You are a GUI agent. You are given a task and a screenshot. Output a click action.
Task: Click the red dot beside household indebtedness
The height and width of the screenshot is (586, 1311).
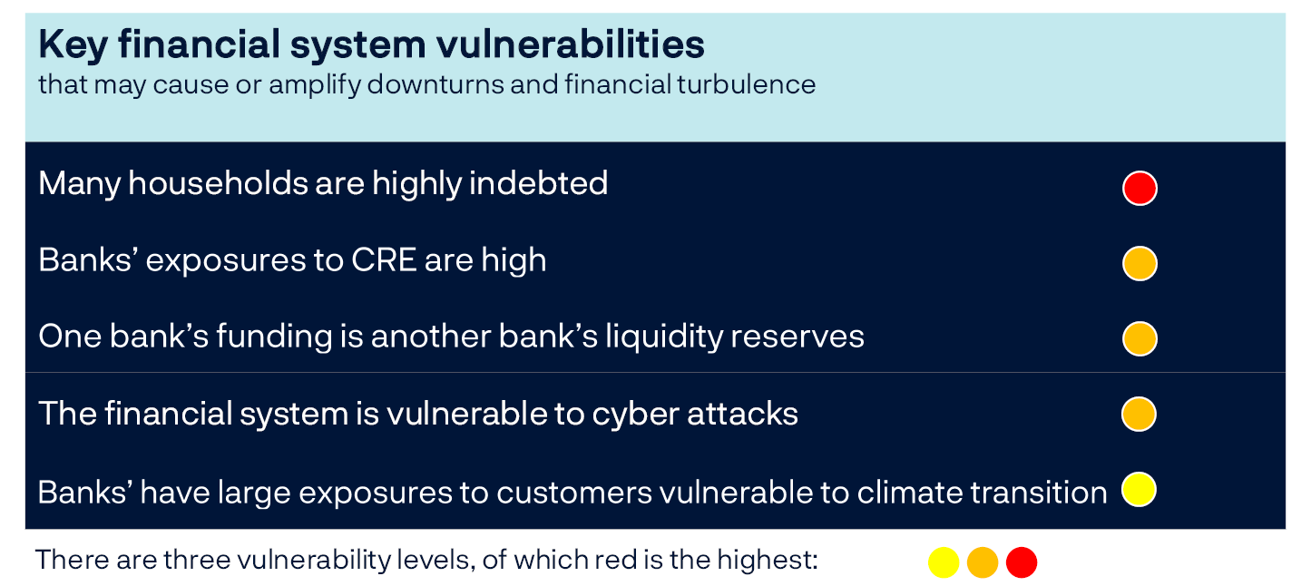[x=1139, y=189]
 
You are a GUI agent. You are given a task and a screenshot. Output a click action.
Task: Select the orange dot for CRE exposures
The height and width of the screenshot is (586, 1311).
[x=1139, y=264]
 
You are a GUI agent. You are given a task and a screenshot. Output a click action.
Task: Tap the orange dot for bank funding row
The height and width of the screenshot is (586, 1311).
[x=1139, y=338]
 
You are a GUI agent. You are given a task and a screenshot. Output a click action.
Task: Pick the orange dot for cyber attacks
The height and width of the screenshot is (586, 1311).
[x=1139, y=414]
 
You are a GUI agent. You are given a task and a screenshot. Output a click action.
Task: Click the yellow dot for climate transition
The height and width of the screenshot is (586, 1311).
[x=1139, y=490]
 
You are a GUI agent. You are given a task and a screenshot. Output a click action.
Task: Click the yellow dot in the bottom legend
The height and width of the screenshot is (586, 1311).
[x=944, y=562]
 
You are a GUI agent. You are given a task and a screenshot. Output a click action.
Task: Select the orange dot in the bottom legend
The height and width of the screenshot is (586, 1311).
[x=983, y=562]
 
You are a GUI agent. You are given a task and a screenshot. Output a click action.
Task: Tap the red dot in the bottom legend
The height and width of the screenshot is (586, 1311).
[x=1022, y=562]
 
